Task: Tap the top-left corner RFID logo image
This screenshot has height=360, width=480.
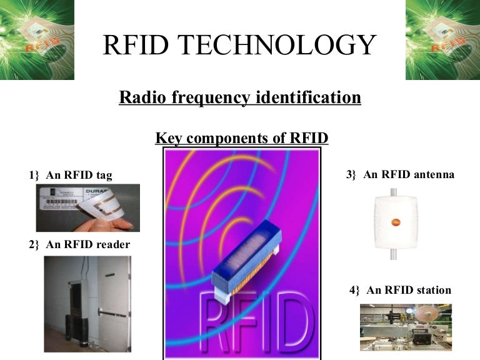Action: [x=37, y=39]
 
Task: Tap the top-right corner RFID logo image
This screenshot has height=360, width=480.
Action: [x=442, y=39]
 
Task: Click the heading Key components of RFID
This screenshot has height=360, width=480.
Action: [x=242, y=137]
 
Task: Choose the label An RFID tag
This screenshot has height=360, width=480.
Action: [x=79, y=175]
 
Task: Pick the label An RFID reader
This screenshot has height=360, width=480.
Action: [x=87, y=244]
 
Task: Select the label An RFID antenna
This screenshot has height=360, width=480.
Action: [x=409, y=175]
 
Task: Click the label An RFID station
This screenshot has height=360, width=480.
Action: [x=409, y=290]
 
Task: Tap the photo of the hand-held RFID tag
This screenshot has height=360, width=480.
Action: [x=87, y=207]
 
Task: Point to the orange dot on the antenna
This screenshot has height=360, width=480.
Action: [x=396, y=221]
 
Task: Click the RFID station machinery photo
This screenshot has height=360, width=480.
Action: [x=405, y=327]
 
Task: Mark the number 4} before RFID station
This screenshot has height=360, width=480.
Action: [x=355, y=290]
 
